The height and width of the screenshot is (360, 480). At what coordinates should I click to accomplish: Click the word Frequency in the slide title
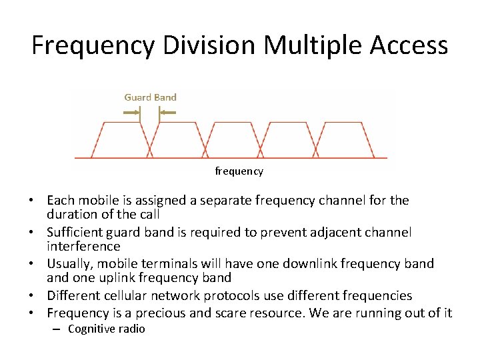[93, 45]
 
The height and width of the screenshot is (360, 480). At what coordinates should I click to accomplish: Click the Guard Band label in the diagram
[150, 97]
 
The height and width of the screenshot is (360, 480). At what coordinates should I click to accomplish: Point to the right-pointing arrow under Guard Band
[132, 113]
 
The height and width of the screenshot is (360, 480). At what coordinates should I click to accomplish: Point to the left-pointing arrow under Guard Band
[167, 113]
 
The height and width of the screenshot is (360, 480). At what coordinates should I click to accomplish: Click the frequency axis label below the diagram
[239, 171]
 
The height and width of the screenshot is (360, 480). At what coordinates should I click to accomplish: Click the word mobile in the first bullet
[97, 200]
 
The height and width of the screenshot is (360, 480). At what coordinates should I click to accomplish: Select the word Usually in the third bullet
[68, 264]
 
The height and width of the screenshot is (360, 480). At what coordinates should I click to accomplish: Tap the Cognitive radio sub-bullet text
[107, 329]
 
